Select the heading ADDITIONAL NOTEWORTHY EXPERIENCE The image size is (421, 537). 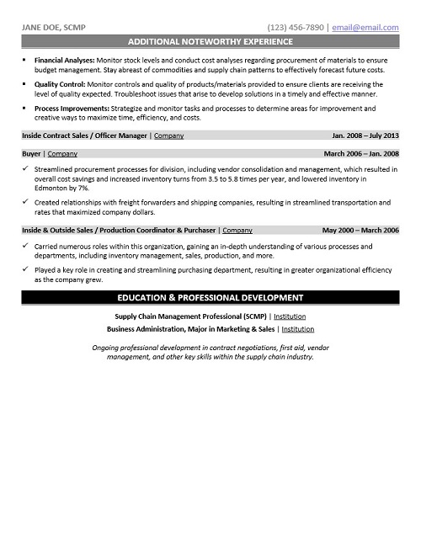[x=210, y=40]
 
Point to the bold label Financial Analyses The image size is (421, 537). [x=64, y=61]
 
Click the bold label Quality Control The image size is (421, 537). [x=60, y=85]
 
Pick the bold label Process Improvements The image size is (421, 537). [x=70, y=109]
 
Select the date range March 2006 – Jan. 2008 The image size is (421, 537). [x=360, y=155]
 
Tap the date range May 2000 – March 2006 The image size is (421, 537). [x=360, y=230]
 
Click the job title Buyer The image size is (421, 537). [x=32, y=155]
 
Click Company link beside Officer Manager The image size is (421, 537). [x=168, y=136]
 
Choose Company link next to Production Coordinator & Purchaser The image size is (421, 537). [x=237, y=230]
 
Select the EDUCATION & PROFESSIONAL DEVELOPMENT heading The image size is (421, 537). [x=210, y=298]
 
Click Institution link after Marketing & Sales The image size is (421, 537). [x=304, y=329]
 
